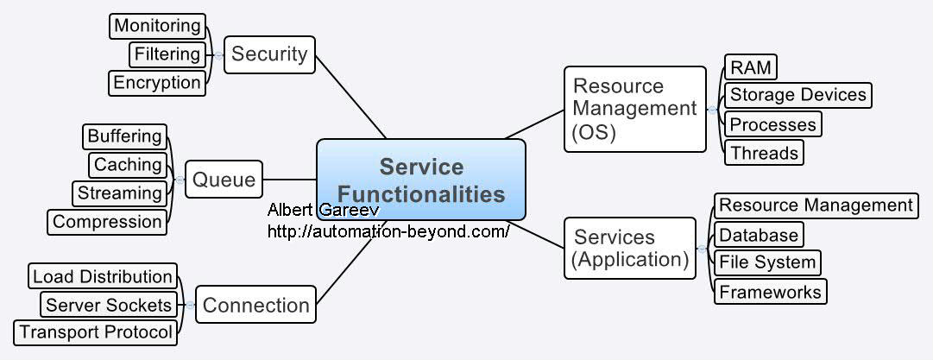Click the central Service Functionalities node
point(421,179)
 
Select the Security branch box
point(269,54)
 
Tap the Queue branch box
point(224,180)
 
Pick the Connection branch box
point(255,305)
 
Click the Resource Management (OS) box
point(634,110)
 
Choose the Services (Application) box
point(630,248)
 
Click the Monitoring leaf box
point(158,26)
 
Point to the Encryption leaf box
point(157,83)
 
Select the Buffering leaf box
point(124,136)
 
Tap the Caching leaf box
point(128,165)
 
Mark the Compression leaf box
point(107,222)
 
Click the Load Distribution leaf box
point(103,277)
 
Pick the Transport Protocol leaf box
point(96,332)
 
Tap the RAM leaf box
point(750,67)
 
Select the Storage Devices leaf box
point(797,95)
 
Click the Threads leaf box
point(764,153)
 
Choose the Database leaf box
point(759,235)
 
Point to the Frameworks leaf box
point(770,292)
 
